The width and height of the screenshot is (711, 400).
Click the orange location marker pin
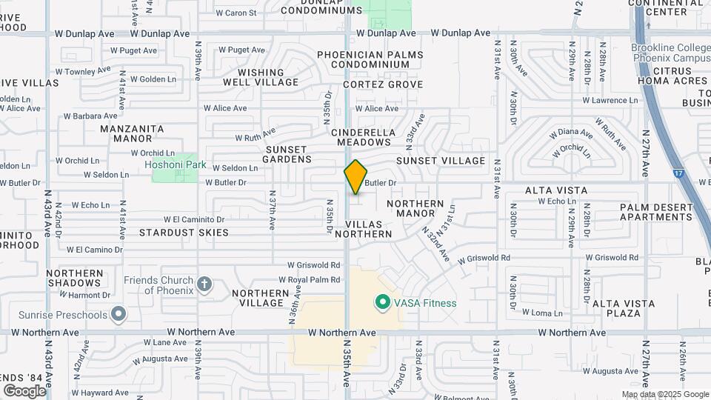(x=355, y=177)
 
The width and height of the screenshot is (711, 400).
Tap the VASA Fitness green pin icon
(x=383, y=302)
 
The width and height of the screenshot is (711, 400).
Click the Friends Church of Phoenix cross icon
(x=204, y=284)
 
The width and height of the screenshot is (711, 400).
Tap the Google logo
(x=24, y=390)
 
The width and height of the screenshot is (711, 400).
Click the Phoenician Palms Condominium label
(x=370, y=59)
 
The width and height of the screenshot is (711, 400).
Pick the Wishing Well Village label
(x=261, y=77)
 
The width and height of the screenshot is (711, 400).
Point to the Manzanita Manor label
(x=132, y=133)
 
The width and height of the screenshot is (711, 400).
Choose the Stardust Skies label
(x=184, y=233)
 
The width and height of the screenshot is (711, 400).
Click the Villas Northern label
(x=363, y=229)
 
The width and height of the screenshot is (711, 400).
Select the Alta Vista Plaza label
(x=623, y=308)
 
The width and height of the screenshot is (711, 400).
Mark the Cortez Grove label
(x=370, y=84)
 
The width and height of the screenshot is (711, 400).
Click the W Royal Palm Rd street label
(x=309, y=280)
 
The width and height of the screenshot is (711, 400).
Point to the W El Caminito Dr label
(x=188, y=219)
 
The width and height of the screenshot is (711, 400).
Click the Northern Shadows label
(x=76, y=278)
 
